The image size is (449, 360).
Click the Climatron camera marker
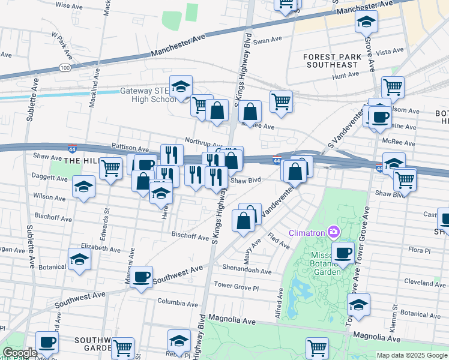click(x=333, y=232)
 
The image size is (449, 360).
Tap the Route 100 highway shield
click(x=65, y=68)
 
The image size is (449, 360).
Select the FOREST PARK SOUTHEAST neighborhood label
click(x=330, y=61)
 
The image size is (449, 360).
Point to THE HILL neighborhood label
click(x=80, y=161)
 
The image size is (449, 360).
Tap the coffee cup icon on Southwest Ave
click(x=142, y=278)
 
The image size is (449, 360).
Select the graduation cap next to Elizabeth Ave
click(x=79, y=260)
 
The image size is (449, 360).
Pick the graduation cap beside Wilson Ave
click(x=83, y=187)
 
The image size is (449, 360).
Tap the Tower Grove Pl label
click(x=236, y=287)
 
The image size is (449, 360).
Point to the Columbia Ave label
click(x=177, y=302)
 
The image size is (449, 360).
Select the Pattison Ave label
click(x=130, y=148)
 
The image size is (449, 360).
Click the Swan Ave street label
click(x=267, y=41)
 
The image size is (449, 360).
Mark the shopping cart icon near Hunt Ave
click(x=393, y=87)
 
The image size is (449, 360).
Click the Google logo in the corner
click(x=20, y=353)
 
